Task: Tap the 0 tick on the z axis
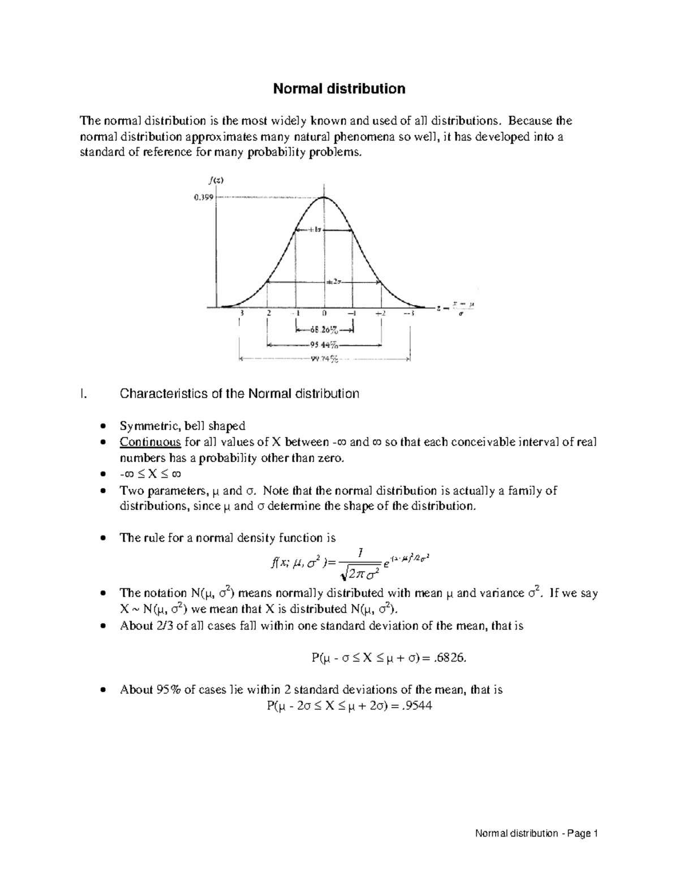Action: [x=325, y=313]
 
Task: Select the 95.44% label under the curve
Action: [x=324, y=344]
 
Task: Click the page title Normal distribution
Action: [x=339, y=89]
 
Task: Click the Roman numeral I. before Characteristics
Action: [x=84, y=393]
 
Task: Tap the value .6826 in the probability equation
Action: [x=452, y=658]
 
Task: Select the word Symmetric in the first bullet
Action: [x=144, y=426]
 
